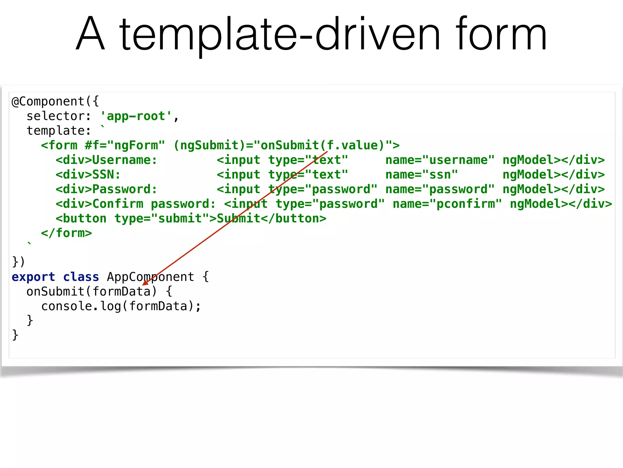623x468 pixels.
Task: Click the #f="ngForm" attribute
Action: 125,145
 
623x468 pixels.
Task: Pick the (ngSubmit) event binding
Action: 209,146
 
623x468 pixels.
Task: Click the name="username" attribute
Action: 440,160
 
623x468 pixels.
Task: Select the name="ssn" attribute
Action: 421,175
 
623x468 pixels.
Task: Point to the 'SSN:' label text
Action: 106,175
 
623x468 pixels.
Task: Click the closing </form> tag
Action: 66,233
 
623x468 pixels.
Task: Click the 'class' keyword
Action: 81,277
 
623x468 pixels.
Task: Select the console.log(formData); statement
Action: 121,306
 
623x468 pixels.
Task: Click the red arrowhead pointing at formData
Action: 145,283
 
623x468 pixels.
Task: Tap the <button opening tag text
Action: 81,218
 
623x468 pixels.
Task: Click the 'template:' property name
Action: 58,131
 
